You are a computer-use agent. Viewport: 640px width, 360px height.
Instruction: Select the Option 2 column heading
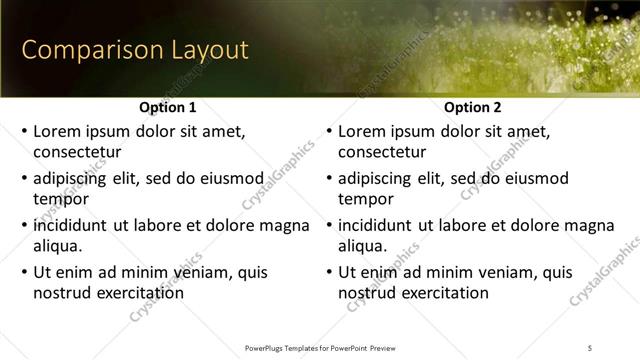(473, 107)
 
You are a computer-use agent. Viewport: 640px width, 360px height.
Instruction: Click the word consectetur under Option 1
(77, 152)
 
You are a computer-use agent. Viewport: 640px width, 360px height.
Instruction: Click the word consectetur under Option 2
(382, 152)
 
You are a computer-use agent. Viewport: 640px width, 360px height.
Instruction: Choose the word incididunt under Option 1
(71, 226)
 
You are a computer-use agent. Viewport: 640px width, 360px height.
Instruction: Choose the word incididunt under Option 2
(376, 226)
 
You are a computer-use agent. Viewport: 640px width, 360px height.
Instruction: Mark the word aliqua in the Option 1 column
(57, 246)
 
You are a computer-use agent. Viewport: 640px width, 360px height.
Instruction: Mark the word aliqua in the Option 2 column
(362, 246)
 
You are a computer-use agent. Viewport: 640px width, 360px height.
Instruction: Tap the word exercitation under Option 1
(136, 293)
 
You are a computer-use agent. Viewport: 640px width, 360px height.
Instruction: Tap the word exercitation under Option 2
(441, 293)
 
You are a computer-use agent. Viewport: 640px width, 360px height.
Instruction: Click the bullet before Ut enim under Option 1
(23, 273)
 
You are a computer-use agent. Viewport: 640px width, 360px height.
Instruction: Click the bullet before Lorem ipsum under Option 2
(328, 132)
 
